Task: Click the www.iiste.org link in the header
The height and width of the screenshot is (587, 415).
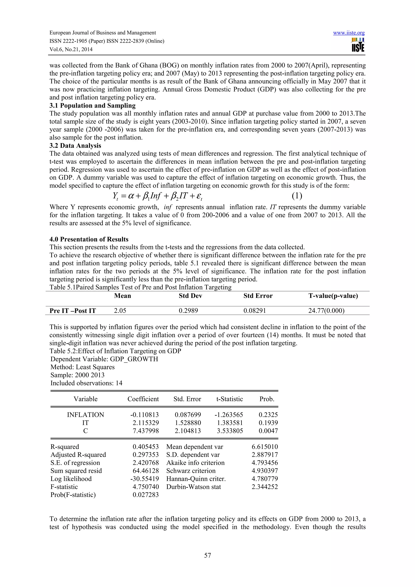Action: point(349,33)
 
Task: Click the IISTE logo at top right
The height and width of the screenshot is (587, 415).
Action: point(358,45)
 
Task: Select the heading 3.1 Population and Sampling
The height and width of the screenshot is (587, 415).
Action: point(92,105)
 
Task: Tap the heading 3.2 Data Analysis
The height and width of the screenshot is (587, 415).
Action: point(75,145)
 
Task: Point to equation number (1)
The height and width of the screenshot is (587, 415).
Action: point(297,196)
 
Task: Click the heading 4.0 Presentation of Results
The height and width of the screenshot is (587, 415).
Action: point(89,239)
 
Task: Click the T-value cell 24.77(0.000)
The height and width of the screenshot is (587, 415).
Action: point(326,311)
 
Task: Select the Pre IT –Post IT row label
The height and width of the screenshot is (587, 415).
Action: point(73,311)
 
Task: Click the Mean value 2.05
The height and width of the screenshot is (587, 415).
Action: point(120,311)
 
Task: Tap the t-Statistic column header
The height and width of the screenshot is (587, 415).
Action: point(229,399)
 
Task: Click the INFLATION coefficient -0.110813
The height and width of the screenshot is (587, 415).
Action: point(144,415)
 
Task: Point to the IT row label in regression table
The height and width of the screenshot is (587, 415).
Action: point(85,423)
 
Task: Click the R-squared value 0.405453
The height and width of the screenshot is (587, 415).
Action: point(145,447)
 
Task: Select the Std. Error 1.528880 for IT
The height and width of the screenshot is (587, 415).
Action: point(188,423)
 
